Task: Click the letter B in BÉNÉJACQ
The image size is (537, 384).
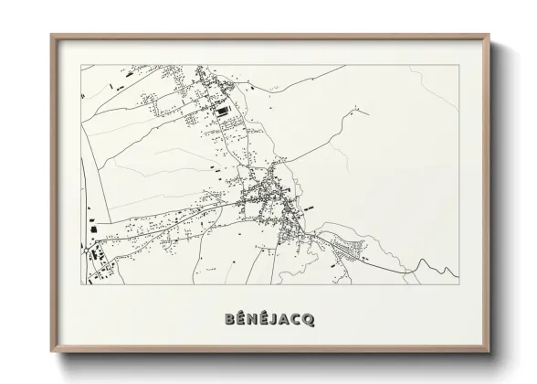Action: tap(228, 320)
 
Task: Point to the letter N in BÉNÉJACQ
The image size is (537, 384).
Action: tap(249, 320)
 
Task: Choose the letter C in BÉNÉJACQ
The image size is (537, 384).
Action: tap(295, 320)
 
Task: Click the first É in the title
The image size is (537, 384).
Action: tap(238, 319)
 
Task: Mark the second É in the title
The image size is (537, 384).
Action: tap(261, 319)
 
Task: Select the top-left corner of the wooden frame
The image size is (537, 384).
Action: tap(52, 36)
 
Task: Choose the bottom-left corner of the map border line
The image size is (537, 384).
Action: tap(80, 283)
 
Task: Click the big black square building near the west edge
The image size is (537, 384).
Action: tap(91, 220)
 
